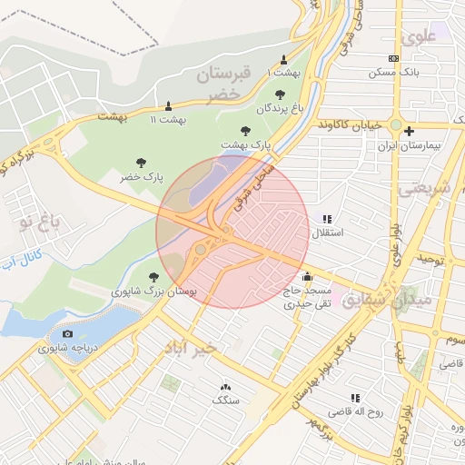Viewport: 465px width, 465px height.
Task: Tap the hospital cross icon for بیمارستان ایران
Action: pos(410,131)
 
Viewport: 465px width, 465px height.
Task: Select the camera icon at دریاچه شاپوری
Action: pos(68,335)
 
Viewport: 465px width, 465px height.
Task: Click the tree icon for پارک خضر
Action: pos(141,163)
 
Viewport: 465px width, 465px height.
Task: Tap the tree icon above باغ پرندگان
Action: pos(278,94)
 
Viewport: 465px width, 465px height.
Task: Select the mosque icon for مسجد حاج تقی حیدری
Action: pos(307,276)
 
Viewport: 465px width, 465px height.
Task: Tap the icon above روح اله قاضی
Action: pos(355,397)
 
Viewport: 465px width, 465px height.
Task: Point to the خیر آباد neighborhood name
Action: pos(191,349)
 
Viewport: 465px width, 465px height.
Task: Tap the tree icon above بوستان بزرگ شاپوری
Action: pos(153,277)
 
